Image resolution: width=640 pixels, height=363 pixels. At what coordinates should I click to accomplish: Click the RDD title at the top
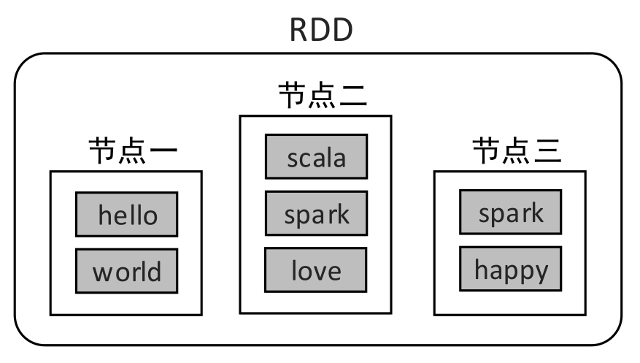[321, 30]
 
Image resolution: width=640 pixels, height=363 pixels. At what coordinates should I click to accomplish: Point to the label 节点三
[517, 152]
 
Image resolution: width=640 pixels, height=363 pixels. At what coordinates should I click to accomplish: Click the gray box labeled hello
[127, 215]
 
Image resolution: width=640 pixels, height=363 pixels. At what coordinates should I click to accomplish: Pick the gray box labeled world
[127, 271]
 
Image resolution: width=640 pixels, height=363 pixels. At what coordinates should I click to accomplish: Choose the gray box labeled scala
[316, 157]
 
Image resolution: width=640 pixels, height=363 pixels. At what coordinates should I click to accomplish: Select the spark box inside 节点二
[316, 214]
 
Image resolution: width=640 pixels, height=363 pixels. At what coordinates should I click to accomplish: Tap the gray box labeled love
[316, 270]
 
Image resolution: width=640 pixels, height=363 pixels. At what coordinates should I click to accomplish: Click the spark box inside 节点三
[511, 213]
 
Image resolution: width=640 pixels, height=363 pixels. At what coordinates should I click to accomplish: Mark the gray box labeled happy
[511, 269]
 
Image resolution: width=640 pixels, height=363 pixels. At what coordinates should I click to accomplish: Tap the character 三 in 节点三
[547, 152]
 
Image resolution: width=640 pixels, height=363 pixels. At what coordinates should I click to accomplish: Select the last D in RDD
[342, 30]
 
